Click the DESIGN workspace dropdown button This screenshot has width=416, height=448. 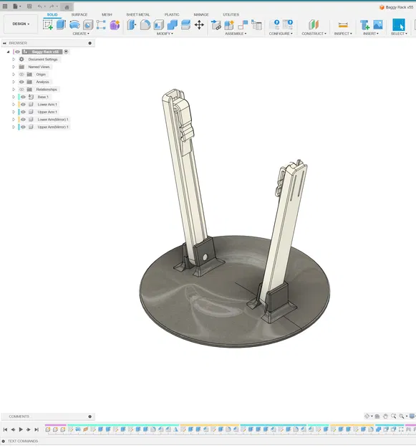tap(21, 24)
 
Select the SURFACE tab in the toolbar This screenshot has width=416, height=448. tap(79, 14)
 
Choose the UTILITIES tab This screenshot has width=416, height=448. tap(231, 14)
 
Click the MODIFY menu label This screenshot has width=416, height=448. tap(163, 34)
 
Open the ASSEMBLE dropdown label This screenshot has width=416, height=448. tap(236, 34)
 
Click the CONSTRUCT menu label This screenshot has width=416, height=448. tap(314, 34)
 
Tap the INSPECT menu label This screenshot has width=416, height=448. tap(343, 34)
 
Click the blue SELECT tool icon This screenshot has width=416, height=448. tap(398, 24)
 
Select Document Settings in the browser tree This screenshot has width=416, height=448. tap(43, 59)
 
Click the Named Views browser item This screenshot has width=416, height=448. tap(39, 67)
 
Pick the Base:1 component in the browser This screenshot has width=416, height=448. tap(42, 97)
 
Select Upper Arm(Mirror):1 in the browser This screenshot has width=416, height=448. tap(53, 127)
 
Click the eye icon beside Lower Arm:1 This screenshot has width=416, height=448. tap(23, 105)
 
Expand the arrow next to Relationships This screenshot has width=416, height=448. tap(13, 90)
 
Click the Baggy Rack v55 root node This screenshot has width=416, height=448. tap(45, 52)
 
